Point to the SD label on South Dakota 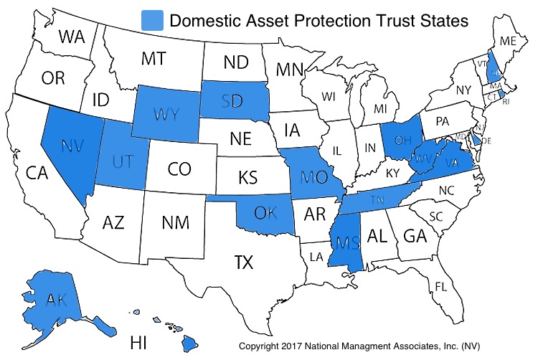[x=231, y=101]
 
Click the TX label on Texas [x=243, y=263]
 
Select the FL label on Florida [x=443, y=286]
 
